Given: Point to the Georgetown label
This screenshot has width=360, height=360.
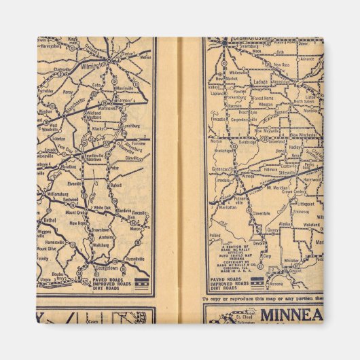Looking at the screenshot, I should pos(96,270).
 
